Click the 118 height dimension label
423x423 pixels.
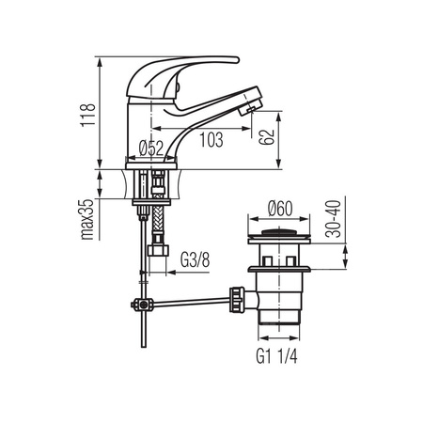[x=88, y=115]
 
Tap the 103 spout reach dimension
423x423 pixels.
[x=211, y=140]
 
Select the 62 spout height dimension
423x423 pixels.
[x=267, y=136]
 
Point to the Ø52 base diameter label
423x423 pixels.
[x=151, y=149]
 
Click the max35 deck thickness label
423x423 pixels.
[x=87, y=219]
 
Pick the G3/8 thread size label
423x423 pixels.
[x=195, y=259]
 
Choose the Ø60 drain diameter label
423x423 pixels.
[x=280, y=209]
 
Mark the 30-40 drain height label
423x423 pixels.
[x=333, y=219]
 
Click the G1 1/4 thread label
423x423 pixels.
[x=276, y=356]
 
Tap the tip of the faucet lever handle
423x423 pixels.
[x=237, y=59]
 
